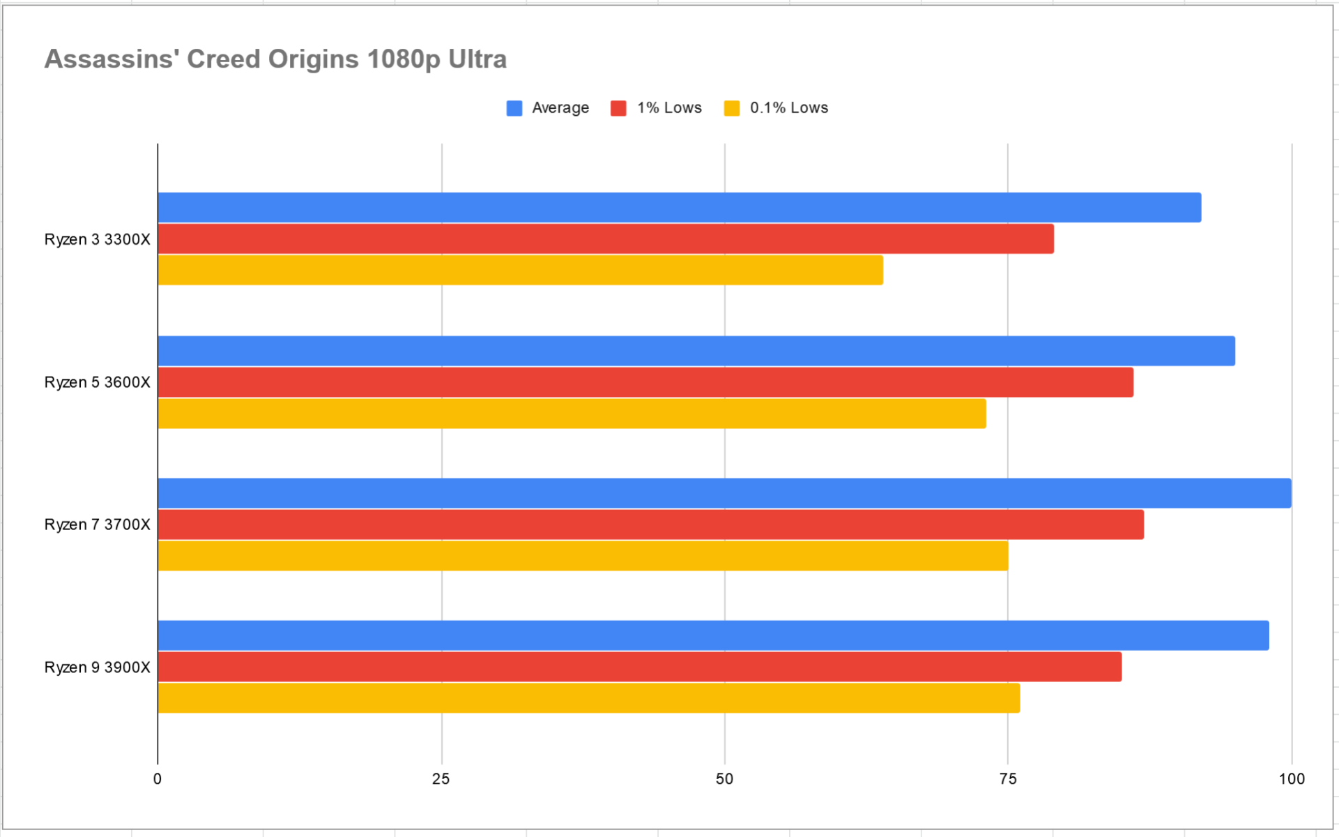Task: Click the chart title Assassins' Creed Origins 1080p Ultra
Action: (275, 59)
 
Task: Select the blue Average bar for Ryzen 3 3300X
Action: (680, 208)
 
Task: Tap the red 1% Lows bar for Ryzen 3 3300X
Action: (606, 239)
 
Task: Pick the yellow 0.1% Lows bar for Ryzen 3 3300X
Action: (520, 270)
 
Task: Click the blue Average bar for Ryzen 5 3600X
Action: (696, 351)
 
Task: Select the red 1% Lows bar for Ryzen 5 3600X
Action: (645, 382)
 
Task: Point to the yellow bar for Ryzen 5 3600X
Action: (572, 414)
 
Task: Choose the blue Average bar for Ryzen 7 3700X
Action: (724, 493)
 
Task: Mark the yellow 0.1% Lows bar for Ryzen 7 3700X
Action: (583, 556)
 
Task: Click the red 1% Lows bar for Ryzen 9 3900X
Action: (640, 667)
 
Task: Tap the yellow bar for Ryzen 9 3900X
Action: (589, 698)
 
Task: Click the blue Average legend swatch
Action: (514, 108)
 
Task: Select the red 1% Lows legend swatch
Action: (618, 108)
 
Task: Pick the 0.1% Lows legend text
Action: (788, 108)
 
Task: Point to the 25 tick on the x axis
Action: (441, 779)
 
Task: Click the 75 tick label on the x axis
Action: (1008, 779)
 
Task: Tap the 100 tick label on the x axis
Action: (1292, 779)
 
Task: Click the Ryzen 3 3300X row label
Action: (97, 240)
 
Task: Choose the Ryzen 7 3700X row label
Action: (97, 525)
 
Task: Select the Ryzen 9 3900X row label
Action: (97, 668)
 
